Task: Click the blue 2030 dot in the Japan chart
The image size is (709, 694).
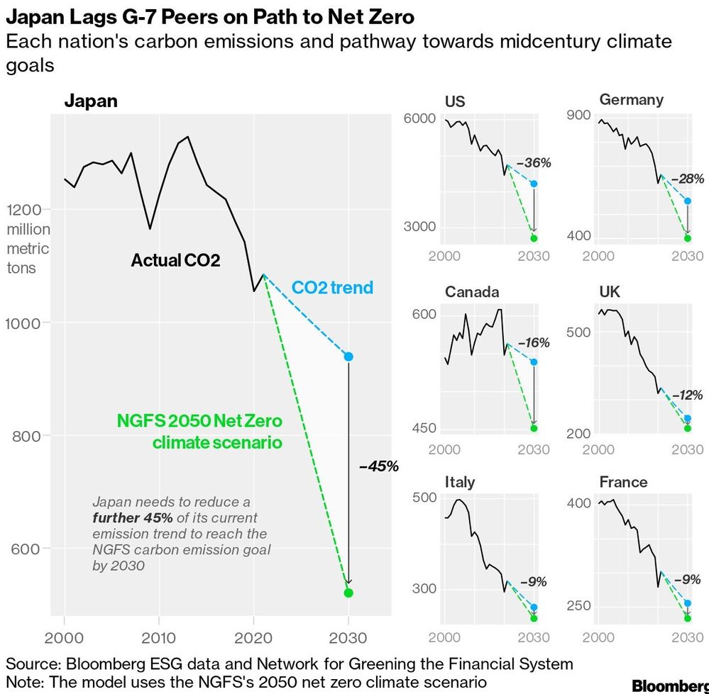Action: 348,357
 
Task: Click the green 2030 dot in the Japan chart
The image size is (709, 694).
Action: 348,593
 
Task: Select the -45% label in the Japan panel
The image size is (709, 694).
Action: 378,466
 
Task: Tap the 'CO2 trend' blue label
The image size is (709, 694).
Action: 332,288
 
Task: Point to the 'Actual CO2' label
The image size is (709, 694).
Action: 175,261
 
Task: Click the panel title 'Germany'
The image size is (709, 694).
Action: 631,100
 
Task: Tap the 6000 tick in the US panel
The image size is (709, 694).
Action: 419,118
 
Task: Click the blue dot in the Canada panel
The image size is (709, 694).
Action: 534,362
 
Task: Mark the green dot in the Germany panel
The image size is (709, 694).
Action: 687,238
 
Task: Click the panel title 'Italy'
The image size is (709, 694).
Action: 460,482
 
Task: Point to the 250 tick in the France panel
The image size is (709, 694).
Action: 578,606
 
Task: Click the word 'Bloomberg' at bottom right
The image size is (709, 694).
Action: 669,685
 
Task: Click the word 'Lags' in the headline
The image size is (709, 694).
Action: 80,16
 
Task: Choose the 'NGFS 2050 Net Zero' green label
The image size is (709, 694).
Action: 199,422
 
